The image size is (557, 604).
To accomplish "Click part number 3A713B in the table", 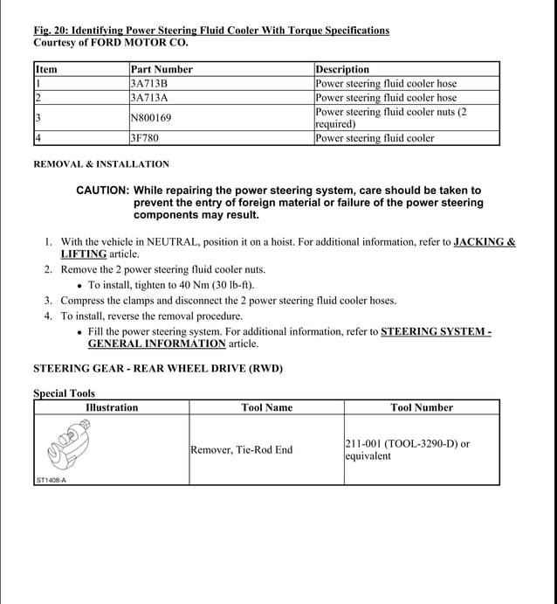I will pos(149,84).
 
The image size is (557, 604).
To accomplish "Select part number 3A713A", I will pos(149,98).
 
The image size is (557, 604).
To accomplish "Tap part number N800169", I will pos(151,117).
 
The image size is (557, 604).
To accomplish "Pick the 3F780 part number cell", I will pos(145,138).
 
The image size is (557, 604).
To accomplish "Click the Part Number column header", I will pos(162,69).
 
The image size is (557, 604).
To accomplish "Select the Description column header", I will pos(342,69).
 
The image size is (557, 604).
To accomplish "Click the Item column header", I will pos(46,69).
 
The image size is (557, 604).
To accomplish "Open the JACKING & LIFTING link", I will pos(484,242).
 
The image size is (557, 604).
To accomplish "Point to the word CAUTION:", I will pos(103,191).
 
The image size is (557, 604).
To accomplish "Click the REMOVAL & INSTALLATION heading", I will pos(101,164).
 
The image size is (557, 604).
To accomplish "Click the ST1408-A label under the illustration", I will pos(52,479).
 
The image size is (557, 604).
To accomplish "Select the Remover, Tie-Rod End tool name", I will pos(241,450).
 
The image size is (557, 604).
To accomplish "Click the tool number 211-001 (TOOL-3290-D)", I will pos(407,444).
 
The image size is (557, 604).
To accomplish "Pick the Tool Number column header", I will pos(422,407).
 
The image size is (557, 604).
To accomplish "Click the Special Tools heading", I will pos(65,393).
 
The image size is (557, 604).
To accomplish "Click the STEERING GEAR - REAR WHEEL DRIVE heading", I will pos(158,369).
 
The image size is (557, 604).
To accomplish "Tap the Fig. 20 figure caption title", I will pos(211,31).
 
